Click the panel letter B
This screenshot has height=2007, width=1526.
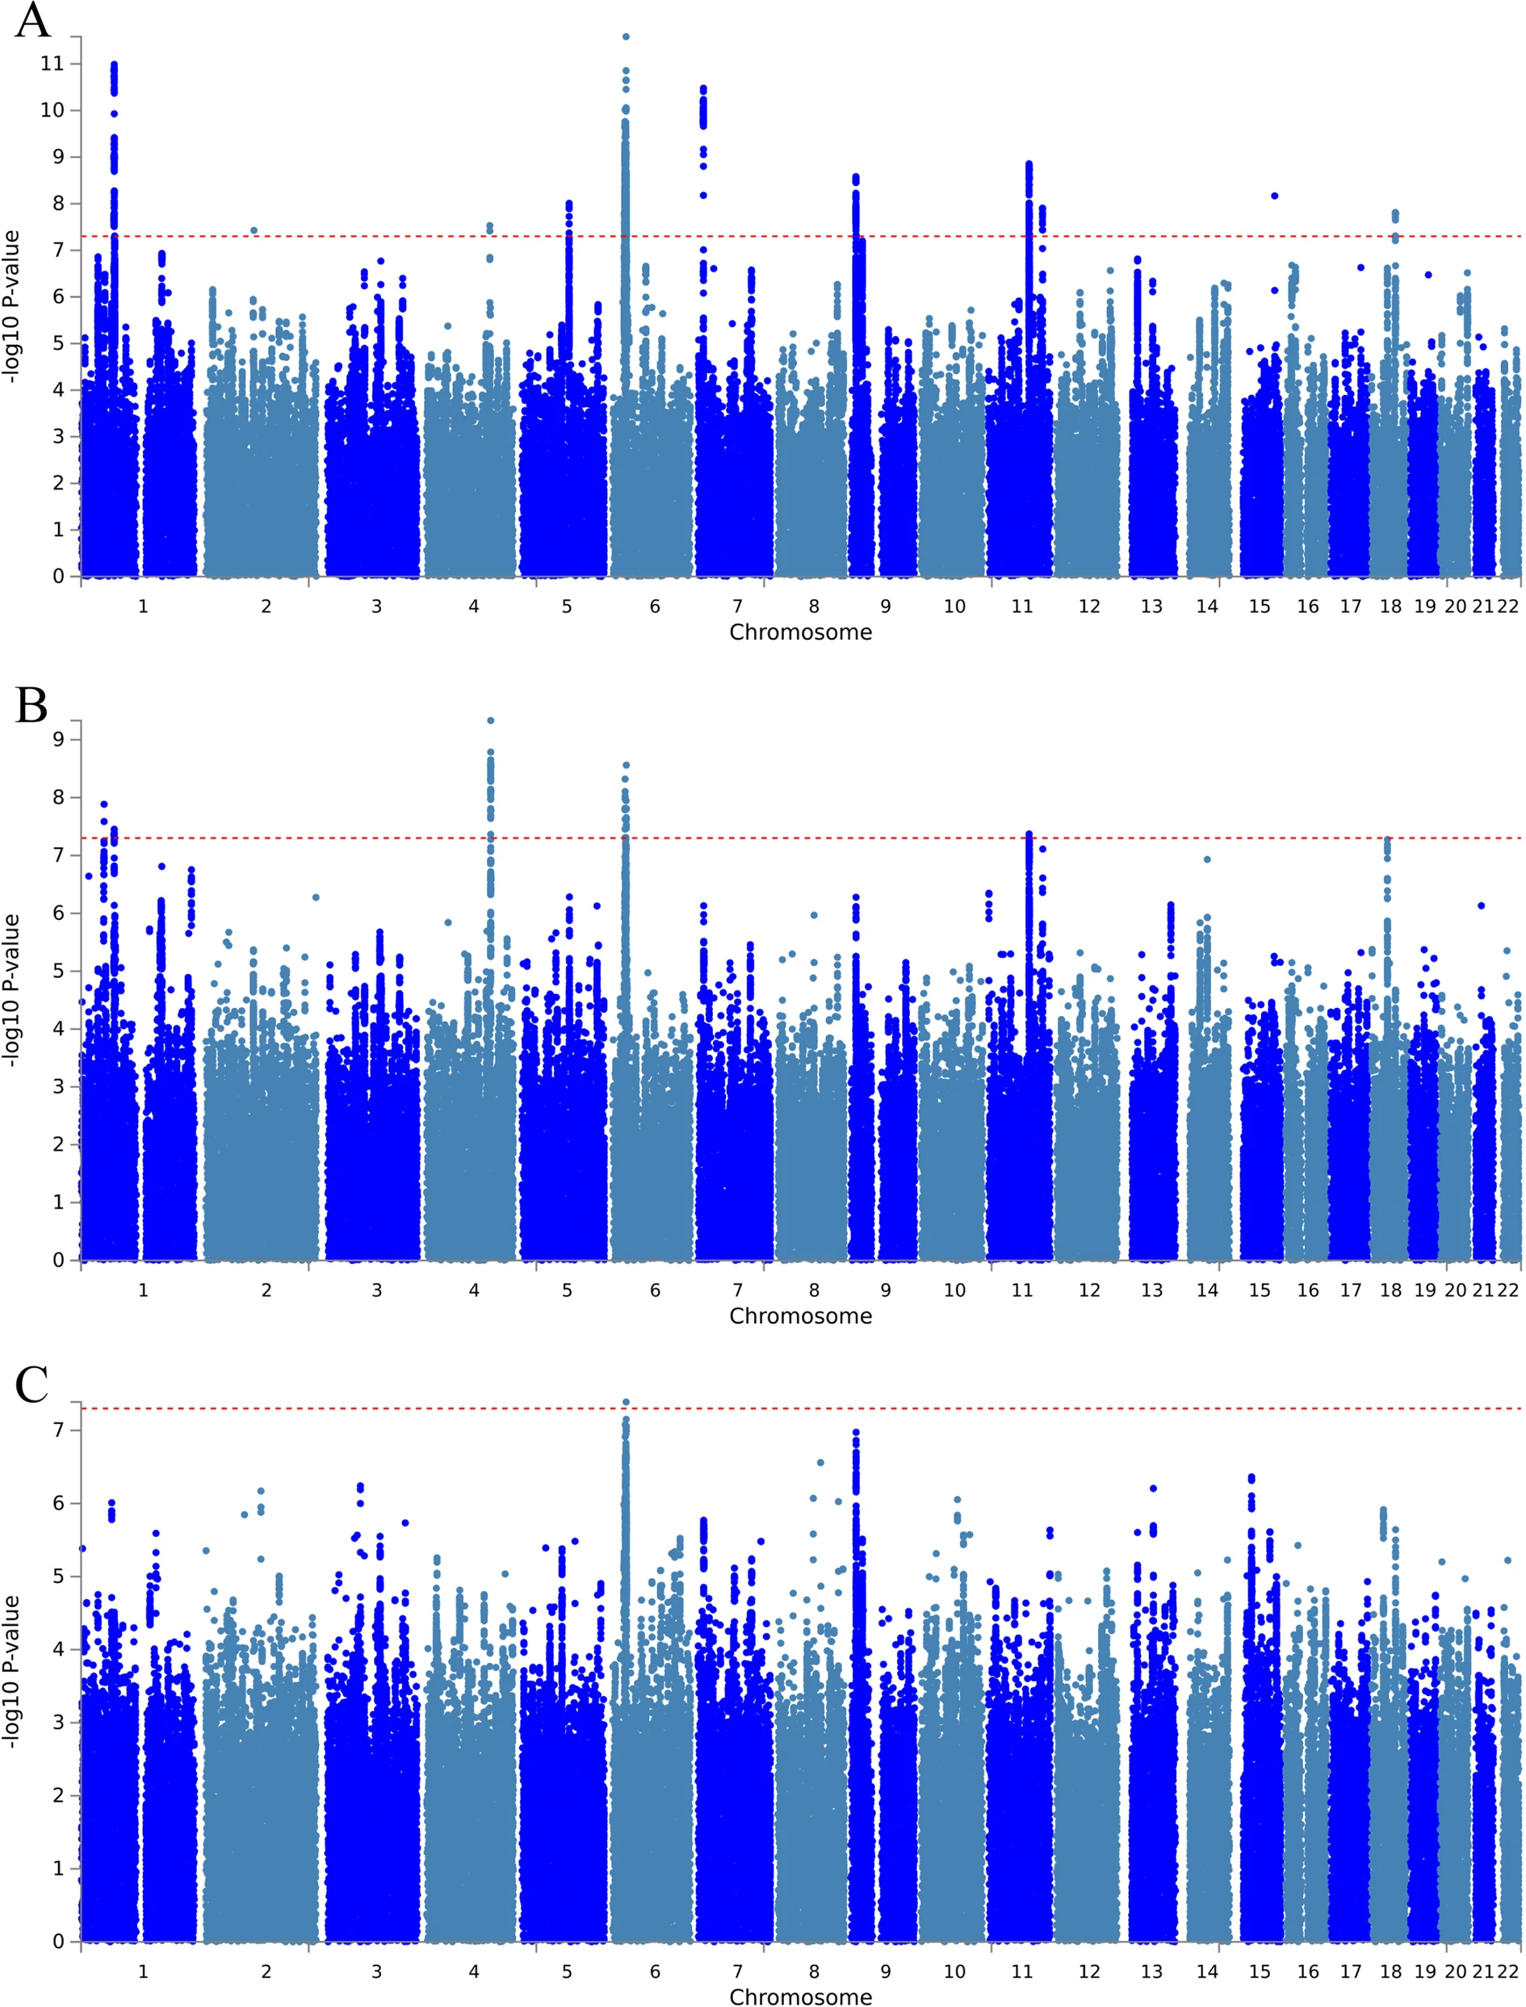31,705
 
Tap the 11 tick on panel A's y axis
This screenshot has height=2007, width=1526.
52,64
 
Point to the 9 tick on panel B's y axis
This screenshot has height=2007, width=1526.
58,740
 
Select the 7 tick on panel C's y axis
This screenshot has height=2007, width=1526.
58,1430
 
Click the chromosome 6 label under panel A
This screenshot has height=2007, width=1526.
654,606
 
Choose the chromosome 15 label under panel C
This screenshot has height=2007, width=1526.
1259,1971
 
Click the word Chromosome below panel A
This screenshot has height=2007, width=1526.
800,632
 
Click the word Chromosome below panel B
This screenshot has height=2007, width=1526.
800,1316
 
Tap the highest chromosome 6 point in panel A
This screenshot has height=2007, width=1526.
626,37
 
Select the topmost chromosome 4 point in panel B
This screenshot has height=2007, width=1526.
491,720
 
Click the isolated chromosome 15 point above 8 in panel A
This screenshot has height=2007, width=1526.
1274,195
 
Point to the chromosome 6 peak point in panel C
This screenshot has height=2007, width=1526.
626,1402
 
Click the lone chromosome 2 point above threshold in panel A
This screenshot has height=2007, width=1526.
254,231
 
